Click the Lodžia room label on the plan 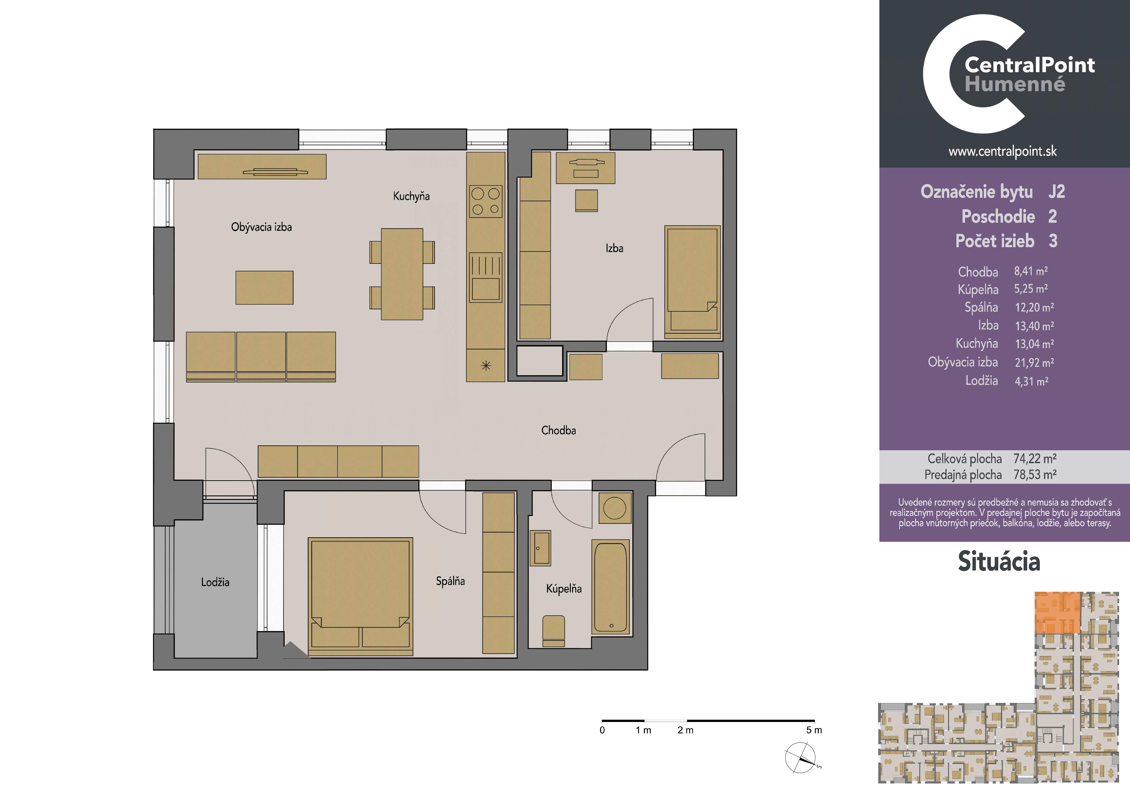pos(215,582)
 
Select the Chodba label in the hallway pos(559,430)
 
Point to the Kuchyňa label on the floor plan pos(411,196)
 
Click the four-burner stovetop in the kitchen pos(486,201)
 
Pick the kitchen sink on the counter pos(486,277)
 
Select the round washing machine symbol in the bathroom pos(615,508)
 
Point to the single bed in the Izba pos(693,282)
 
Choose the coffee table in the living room pos(264,287)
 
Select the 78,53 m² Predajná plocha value pos(1035,474)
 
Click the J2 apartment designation pos(1056,191)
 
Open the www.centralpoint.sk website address pos(1002,151)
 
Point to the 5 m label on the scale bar pos(814,730)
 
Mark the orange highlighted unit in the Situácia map pos(1058,612)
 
